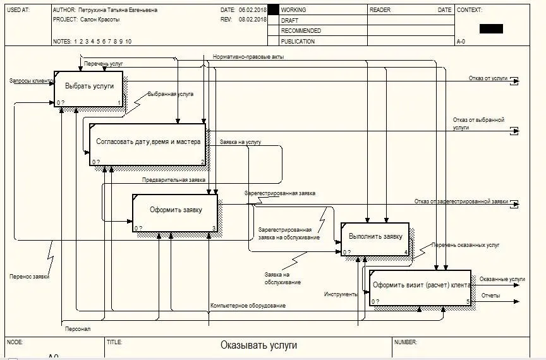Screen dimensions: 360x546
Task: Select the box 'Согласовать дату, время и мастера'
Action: (148, 142)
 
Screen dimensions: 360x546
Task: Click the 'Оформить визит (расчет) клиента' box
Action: (420, 285)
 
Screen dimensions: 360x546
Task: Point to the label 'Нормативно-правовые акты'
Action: (248, 57)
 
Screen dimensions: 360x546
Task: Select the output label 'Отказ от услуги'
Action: (488, 78)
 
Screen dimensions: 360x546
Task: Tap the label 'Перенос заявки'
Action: (29, 276)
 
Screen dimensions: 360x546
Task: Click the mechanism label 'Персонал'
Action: (78, 329)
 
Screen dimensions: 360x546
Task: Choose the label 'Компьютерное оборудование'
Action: (248, 306)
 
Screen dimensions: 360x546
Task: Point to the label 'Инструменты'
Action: (341, 294)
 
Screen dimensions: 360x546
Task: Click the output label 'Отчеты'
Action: (490, 295)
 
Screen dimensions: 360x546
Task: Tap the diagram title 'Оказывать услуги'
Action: (258, 345)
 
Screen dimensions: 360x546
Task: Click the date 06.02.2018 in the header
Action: (252, 10)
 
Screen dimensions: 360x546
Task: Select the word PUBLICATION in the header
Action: (298, 41)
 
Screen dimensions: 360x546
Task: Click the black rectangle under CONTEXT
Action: (491, 28)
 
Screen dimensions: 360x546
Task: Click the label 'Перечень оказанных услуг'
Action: (466, 244)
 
